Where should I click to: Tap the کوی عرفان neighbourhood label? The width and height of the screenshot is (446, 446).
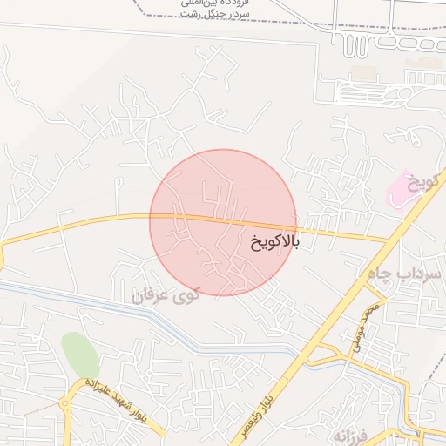(x=166, y=295)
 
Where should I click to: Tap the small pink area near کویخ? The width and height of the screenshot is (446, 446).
(x=401, y=190)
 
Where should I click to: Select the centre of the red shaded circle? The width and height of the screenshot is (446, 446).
(x=223, y=223)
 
